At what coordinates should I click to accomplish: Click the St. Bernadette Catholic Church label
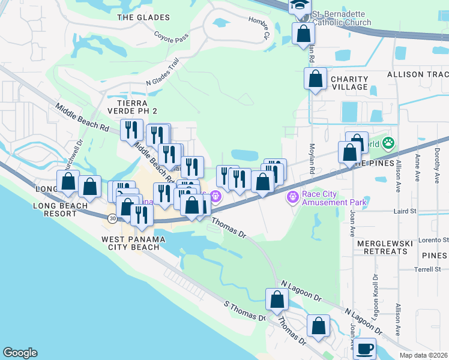point(339,17)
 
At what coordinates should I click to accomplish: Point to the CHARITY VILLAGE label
point(349,83)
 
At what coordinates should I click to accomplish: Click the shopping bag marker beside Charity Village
point(315,79)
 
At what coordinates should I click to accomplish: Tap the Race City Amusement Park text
point(334,197)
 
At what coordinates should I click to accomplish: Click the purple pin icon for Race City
point(292,196)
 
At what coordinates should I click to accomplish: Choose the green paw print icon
point(388,143)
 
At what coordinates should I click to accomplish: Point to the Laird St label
point(405,211)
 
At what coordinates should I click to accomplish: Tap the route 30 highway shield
point(113,219)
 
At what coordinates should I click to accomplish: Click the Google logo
point(20,353)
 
